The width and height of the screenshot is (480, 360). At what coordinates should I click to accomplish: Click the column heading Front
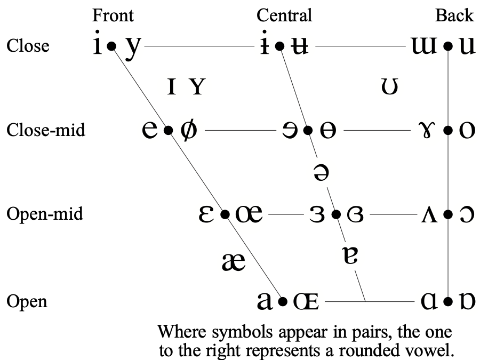[113, 15]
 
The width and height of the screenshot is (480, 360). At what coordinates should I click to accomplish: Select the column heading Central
[284, 15]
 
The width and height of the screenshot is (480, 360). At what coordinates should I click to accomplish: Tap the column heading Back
[454, 15]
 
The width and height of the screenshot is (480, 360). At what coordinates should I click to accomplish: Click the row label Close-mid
[46, 130]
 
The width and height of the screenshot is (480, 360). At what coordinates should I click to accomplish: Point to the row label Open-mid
[45, 214]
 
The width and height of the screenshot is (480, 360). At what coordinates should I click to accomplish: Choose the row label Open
[27, 302]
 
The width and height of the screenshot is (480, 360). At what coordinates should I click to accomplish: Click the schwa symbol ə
[321, 173]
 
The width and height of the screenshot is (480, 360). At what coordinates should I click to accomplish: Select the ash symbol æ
[233, 261]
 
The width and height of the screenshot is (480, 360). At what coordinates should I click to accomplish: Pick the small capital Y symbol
[197, 86]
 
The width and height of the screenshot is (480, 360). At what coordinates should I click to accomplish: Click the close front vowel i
[97, 46]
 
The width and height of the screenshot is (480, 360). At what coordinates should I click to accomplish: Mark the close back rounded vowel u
[467, 47]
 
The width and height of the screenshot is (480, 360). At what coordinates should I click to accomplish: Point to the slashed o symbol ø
[188, 130]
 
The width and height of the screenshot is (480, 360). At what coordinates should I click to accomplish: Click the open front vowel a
[267, 301]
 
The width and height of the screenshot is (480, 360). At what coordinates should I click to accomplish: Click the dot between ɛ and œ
[225, 214]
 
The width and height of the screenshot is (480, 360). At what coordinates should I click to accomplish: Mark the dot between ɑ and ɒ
[448, 302]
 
